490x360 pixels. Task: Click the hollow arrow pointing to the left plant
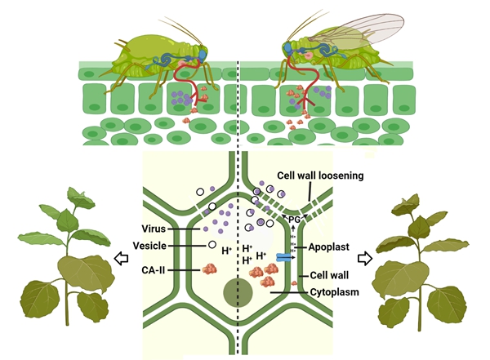(x=120, y=259)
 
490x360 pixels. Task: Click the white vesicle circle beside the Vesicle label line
(x=212, y=244)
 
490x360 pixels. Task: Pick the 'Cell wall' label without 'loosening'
(x=325, y=276)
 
